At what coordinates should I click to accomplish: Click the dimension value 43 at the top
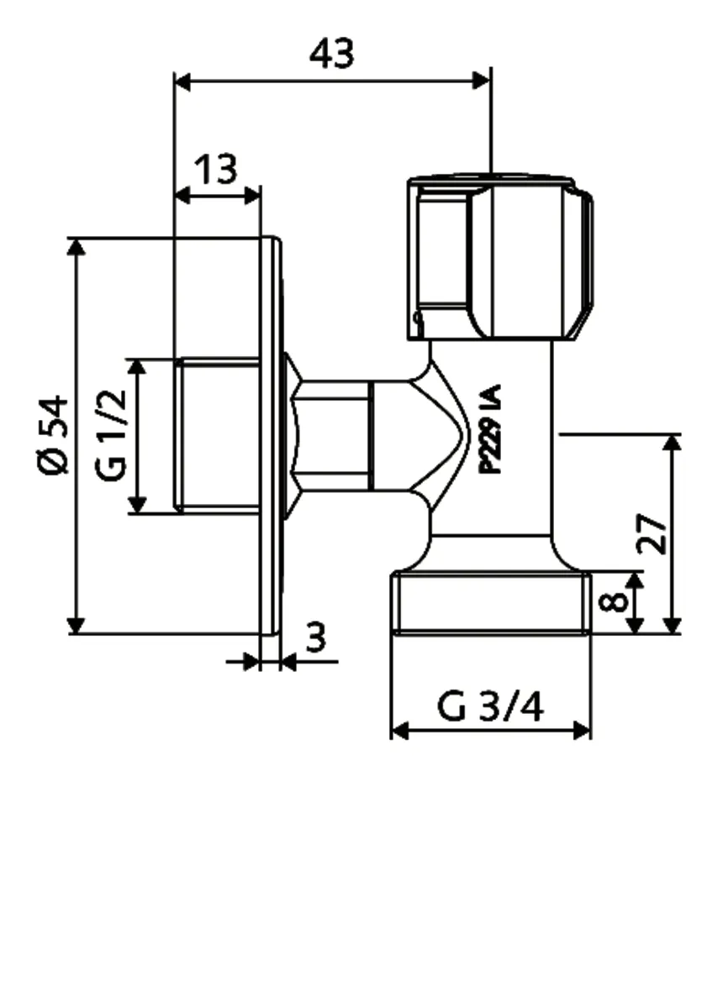[x=332, y=55]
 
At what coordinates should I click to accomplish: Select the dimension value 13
[x=216, y=170]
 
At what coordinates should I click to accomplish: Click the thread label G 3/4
[x=490, y=707]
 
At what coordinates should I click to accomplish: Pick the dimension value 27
[x=652, y=533]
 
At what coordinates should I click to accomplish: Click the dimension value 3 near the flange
[x=314, y=639]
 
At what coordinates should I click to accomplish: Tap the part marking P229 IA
[x=491, y=429]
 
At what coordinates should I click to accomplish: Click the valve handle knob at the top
[x=499, y=257]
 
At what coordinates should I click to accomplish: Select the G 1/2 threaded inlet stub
[x=219, y=435]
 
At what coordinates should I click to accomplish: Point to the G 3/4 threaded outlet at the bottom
[x=491, y=602]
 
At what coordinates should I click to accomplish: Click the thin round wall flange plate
[x=271, y=435]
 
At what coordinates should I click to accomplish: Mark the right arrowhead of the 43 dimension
[x=482, y=81]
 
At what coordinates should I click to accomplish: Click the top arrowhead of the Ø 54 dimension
[x=76, y=246]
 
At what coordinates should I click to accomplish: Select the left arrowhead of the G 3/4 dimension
[x=400, y=731]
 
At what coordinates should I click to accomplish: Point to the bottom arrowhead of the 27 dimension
[x=672, y=625]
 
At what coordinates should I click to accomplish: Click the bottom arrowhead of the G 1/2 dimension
[x=137, y=504]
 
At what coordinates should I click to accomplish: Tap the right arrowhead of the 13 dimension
[x=251, y=196]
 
